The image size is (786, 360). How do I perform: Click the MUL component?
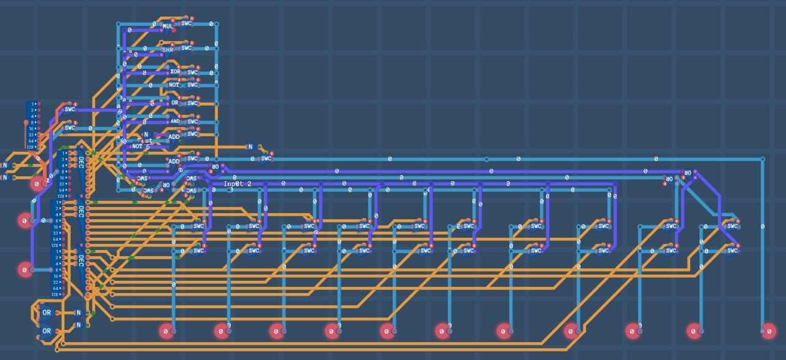coord(168,26)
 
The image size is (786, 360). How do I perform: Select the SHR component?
coord(168,50)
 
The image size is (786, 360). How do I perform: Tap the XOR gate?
coord(175,71)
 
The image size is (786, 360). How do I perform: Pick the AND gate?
coord(175,121)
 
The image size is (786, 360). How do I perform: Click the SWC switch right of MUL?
coord(187,23)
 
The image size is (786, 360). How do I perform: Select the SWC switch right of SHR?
coord(187,47)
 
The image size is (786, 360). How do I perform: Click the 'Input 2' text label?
coord(237,184)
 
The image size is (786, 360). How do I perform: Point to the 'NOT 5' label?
coord(141,147)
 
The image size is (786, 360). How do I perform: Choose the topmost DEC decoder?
coord(80,163)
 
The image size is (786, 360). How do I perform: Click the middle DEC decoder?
coord(80,211)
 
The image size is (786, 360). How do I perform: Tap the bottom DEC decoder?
coord(80,260)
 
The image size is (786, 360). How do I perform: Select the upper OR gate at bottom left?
coord(47,312)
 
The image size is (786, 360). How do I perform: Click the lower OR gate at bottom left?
coord(47,331)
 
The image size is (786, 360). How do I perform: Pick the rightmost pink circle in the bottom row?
coord(768,331)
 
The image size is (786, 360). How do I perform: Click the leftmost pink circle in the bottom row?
coord(166,331)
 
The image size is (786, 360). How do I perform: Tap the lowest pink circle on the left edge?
coord(25,269)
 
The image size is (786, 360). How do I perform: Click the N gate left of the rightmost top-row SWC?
coord(250,147)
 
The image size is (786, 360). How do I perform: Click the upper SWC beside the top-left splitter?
coord(69,109)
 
